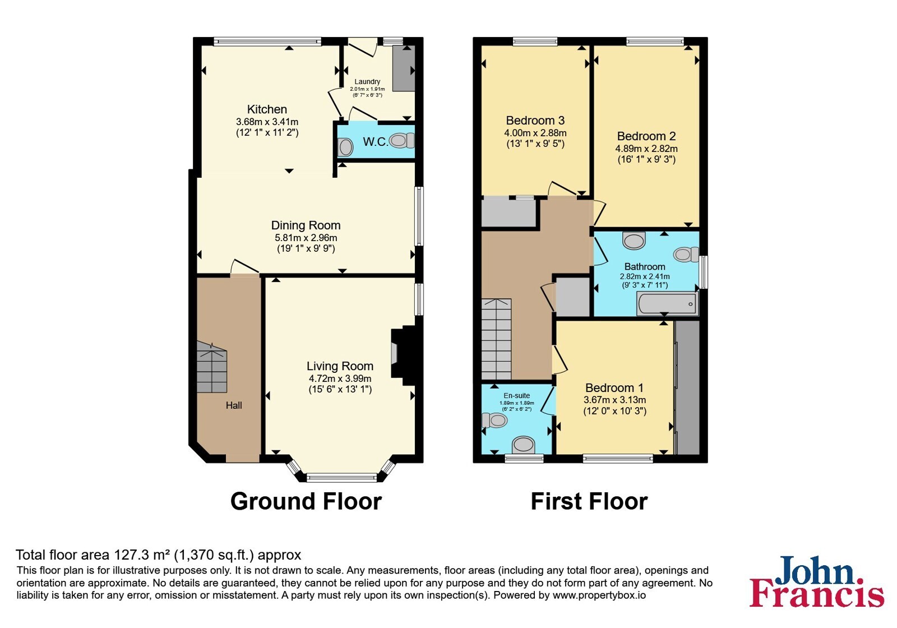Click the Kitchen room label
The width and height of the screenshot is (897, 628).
point(267,109)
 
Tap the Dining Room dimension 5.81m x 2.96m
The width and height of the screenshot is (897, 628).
point(306,238)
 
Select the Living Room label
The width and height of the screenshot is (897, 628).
point(340,366)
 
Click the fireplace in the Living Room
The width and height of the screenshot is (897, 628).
point(404,355)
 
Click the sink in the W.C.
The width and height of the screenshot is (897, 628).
point(345,147)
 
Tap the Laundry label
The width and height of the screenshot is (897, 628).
point(367,82)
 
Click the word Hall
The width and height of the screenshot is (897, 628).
point(234,405)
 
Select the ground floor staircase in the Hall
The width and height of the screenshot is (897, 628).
point(212,367)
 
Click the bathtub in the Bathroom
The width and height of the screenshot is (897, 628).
point(667,304)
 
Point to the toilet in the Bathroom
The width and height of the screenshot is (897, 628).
point(686,255)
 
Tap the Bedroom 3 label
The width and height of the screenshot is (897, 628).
point(535,121)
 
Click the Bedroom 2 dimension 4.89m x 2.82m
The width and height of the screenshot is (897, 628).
point(646,149)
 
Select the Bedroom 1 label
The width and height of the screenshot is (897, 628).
point(614,387)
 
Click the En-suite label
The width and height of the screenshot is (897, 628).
point(516,396)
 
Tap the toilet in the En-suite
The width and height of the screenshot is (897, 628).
point(494,420)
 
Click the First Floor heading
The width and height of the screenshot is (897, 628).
point(589,501)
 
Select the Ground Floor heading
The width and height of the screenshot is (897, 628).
point(306,501)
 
